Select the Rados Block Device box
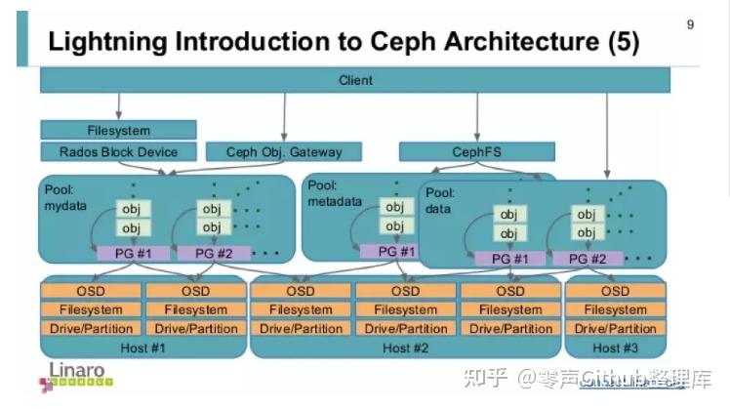[x=118, y=151]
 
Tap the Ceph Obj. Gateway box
[x=283, y=151]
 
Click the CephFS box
[x=476, y=151]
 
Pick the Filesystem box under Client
[x=118, y=130]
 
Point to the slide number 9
[x=690, y=24]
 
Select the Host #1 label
[x=143, y=348]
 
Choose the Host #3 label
[x=615, y=348]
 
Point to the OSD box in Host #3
[x=615, y=291]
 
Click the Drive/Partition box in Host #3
[x=615, y=329]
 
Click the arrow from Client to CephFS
[x=476, y=116]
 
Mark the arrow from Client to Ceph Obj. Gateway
[x=284, y=116]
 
